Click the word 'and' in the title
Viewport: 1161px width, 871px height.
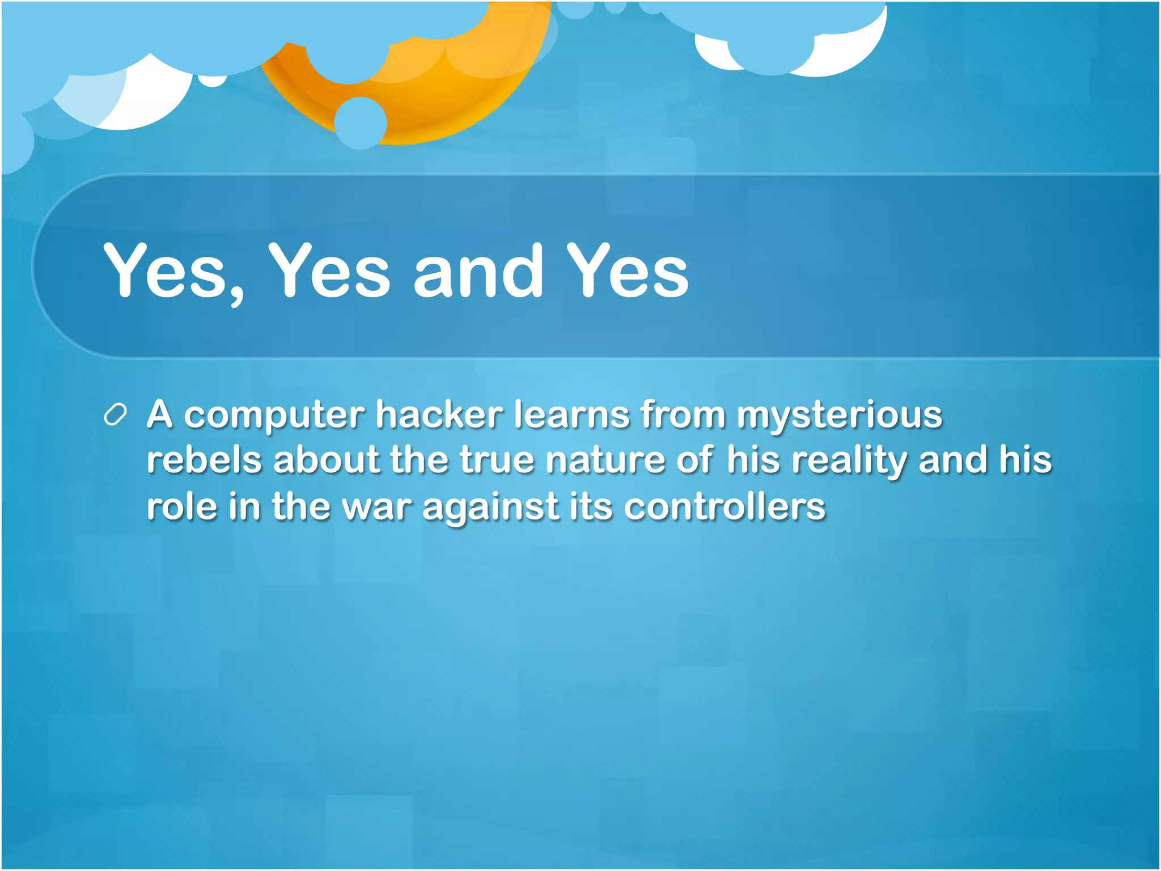[x=478, y=271]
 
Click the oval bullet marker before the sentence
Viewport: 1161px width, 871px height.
[x=115, y=415]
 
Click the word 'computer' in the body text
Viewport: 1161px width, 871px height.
[x=274, y=416]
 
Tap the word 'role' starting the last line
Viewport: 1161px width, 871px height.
[x=181, y=506]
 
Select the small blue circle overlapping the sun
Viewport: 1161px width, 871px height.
[x=361, y=123]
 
